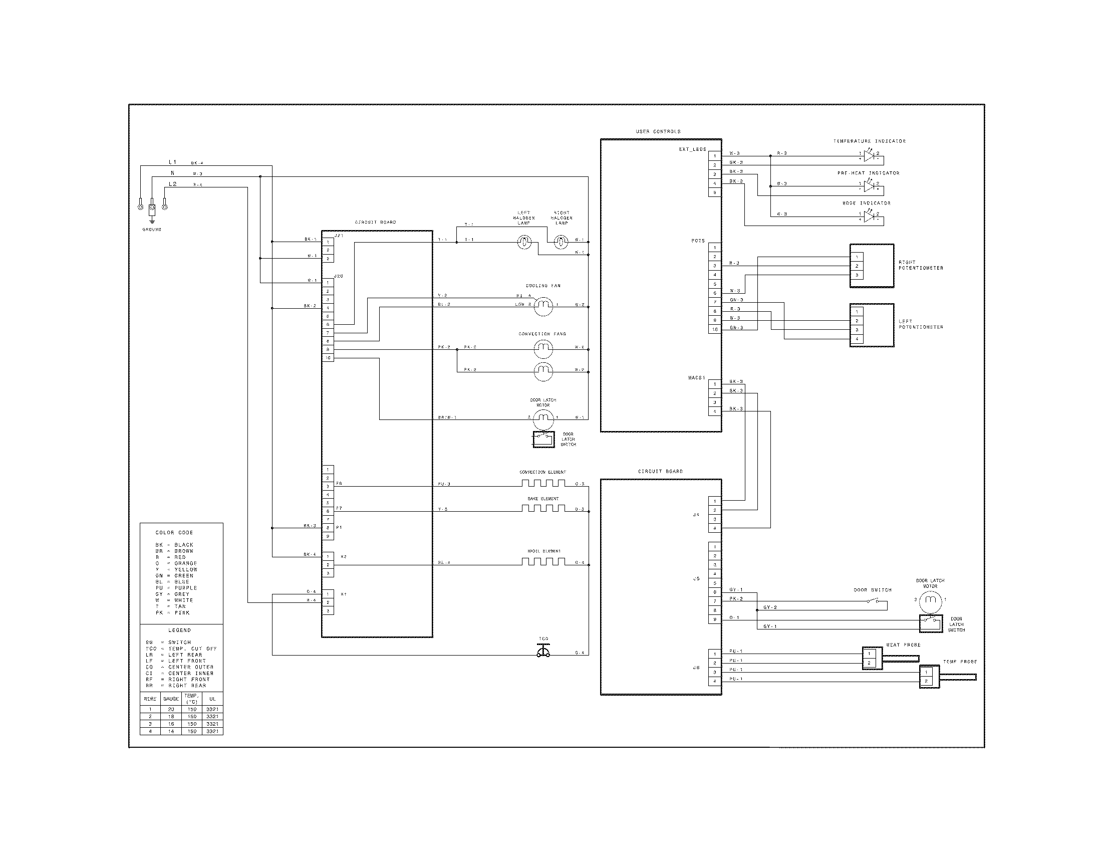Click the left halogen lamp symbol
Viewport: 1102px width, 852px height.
click(524, 243)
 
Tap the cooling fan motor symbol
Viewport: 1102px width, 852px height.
click(543, 305)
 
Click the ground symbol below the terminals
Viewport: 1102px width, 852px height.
click(152, 220)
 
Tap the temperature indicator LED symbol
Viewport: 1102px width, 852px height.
click(869, 156)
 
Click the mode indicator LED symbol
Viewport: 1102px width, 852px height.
click(869, 217)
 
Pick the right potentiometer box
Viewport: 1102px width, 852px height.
click(872, 266)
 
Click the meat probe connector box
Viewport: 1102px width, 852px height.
click(872, 658)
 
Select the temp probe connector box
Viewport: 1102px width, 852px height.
click(929, 677)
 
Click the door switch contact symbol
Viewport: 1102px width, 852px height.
click(873, 600)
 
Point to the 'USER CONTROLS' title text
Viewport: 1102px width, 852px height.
click(658, 131)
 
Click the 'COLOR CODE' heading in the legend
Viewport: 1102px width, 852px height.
click(174, 532)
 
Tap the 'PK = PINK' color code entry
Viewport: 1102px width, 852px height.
click(173, 613)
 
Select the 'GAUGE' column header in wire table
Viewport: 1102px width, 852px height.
click(171, 699)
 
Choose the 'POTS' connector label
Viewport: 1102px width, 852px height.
click(698, 241)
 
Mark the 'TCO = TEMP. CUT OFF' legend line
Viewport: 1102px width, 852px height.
click(181, 649)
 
